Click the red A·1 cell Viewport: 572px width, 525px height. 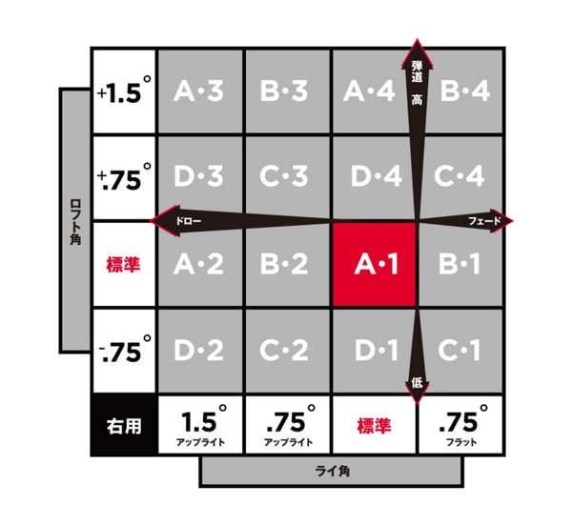(x=375, y=264)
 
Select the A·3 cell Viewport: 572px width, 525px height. (x=200, y=91)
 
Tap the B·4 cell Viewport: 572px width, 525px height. (x=460, y=91)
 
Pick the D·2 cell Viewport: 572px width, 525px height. (x=200, y=351)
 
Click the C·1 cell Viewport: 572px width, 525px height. (x=460, y=351)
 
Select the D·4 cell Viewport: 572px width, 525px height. (x=375, y=177)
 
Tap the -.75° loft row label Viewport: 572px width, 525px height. (x=124, y=351)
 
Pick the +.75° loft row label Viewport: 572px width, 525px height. (x=124, y=177)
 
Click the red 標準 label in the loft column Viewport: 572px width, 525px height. (x=123, y=264)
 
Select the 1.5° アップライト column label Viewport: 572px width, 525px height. (x=200, y=425)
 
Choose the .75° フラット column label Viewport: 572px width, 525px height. (x=460, y=425)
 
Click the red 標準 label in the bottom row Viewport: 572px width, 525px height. (x=375, y=426)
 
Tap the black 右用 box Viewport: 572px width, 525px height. (x=124, y=425)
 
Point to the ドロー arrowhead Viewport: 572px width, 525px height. (x=165, y=221)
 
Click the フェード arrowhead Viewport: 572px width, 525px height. (x=501, y=221)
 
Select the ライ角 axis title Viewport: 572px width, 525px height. (x=332, y=472)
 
